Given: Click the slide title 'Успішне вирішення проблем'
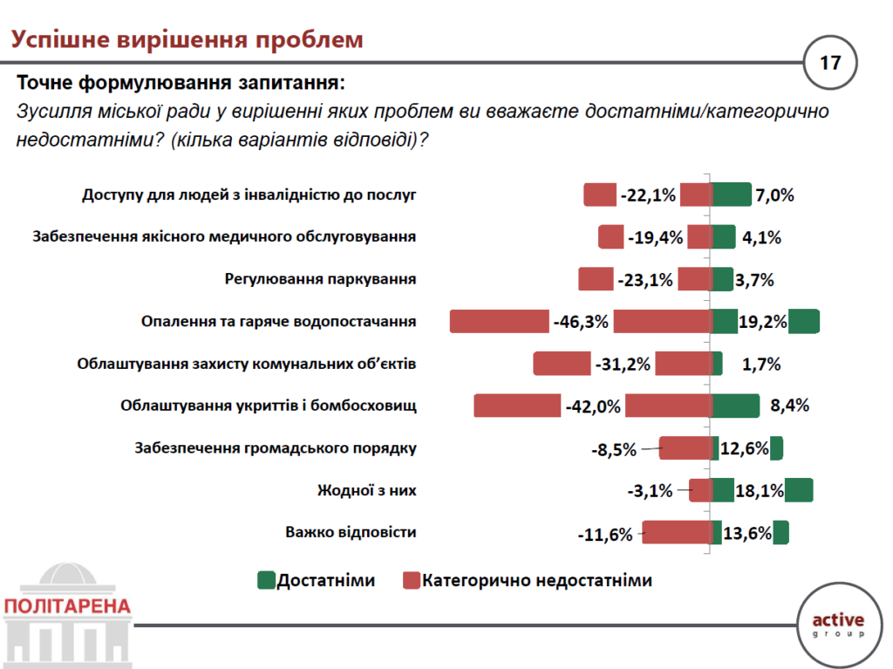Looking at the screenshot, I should tap(187, 39).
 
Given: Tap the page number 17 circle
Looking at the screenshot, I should tap(829, 63).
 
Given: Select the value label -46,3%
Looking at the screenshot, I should tap(581, 322).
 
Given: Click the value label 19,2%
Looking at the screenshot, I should tap(762, 322).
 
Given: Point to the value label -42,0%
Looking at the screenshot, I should tap(592, 406).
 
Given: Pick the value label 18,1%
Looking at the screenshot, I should tap(759, 491).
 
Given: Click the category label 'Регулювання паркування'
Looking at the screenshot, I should tap(320, 279).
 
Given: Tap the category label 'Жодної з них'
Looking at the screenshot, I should tap(366, 490).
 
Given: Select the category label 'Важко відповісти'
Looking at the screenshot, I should tap(351, 532).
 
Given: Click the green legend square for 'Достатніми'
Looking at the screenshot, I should tap(266, 580).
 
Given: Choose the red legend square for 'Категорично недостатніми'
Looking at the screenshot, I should tap(412, 580).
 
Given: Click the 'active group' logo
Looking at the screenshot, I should tap(837, 625).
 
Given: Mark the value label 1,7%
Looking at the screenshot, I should tap(761, 364).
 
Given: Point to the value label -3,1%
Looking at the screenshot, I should tap(650, 491).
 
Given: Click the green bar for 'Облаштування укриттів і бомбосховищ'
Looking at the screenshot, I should tap(735, 406).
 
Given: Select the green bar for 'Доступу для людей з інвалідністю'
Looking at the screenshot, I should tap(731, 195).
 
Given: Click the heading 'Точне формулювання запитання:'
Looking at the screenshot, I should tap(181, 84).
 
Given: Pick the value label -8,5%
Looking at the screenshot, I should tap(614, 450).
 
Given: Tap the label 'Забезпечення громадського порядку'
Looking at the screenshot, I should tap(276, 448).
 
